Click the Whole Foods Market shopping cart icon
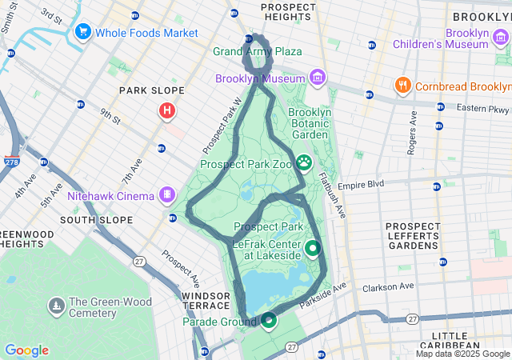coord(82,32)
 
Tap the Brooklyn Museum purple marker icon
coord(318,78)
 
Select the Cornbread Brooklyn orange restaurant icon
coord(402,86)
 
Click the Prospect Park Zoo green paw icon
coord(305,164)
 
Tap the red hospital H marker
coord(166,110)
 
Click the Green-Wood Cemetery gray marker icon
coord(56,306)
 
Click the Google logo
coord(26,350)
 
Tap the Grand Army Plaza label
coord(257,51)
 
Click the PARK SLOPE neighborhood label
coord(152,90)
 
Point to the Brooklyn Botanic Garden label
coord(309,124)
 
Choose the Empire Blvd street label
coord(361,184)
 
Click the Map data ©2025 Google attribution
coord(462,354)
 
